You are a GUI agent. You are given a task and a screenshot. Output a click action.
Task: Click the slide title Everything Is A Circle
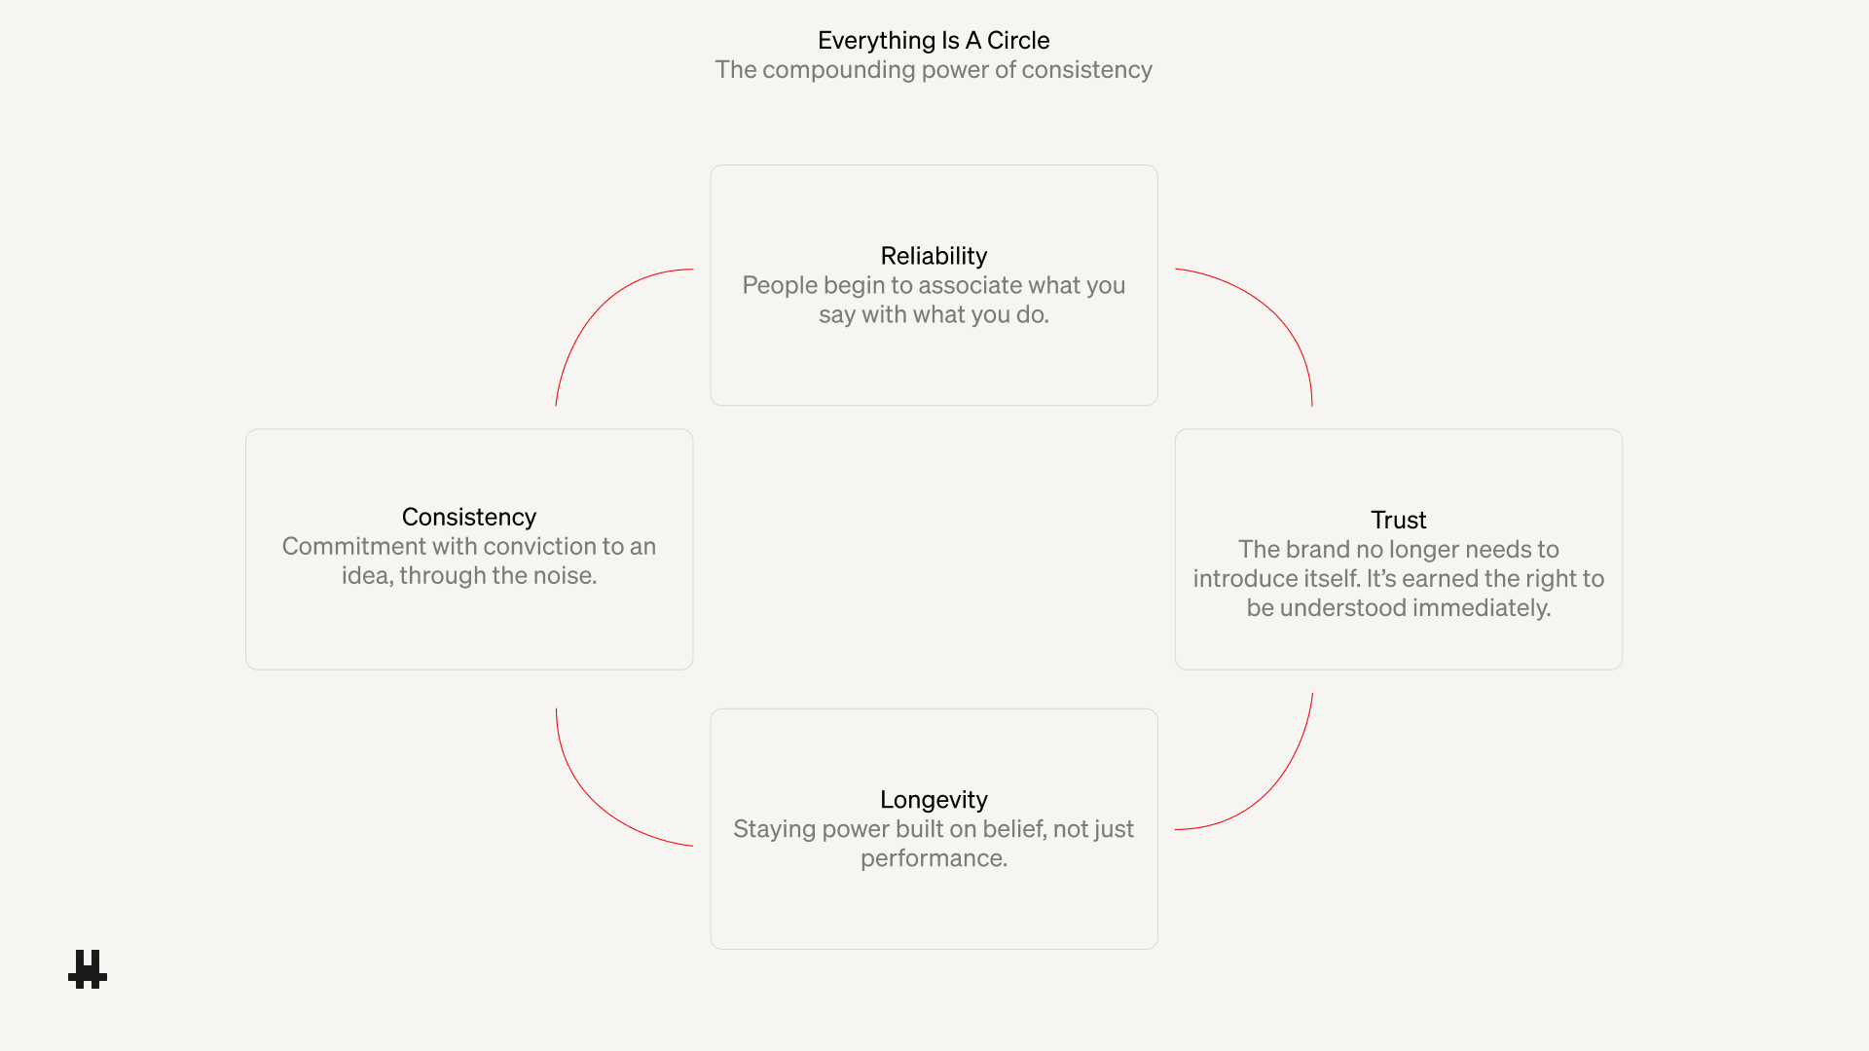[x=933, y=40]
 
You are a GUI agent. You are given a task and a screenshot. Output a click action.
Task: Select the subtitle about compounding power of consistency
[x=933, y=70]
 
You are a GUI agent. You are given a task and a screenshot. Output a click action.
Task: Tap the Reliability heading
[x=934, y=256]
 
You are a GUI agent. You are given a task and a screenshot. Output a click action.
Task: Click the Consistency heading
[x=468, y=517]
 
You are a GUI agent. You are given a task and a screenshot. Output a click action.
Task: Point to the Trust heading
[x=1398, y=520]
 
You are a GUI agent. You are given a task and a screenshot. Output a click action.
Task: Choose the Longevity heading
[x=934, y=799]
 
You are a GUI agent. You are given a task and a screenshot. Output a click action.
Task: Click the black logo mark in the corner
[x=88, y=969]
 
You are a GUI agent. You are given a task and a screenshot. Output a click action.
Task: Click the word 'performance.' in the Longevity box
[x=934, y=858]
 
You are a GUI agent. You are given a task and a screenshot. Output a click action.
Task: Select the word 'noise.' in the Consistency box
[x=565, y=576]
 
